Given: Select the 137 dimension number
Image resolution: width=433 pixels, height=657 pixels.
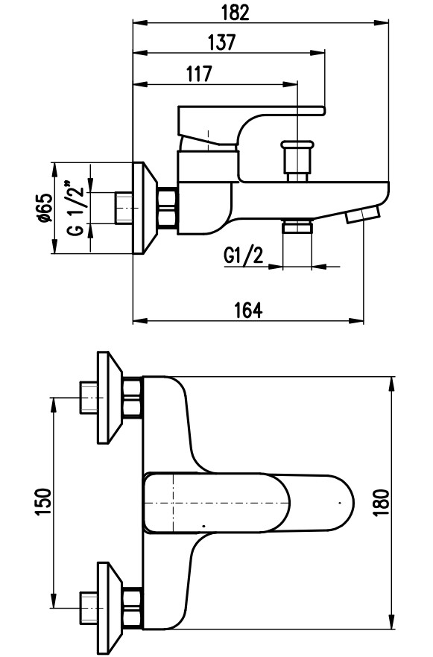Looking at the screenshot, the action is point(222,42).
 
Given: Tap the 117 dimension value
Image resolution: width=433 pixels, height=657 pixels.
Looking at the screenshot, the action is point(199,74).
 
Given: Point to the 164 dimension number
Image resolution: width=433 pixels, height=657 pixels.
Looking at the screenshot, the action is point(248,311).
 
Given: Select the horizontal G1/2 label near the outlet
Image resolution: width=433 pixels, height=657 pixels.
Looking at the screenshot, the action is point(244,256).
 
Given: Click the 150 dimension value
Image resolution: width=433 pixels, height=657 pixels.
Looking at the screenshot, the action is point(44,501).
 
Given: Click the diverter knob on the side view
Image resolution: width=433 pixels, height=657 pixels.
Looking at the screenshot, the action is point(297,159).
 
